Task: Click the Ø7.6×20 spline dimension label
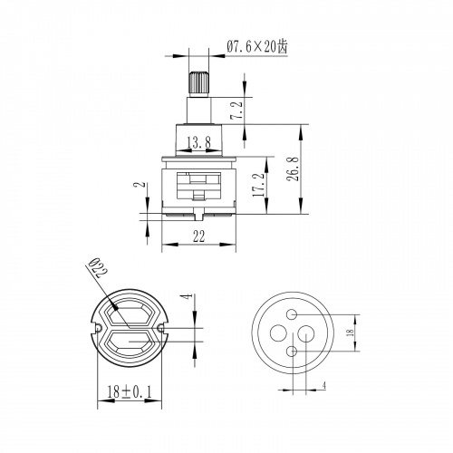257,46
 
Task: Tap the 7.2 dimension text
236,111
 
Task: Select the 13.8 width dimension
198,142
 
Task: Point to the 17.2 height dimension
259,185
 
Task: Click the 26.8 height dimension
294,169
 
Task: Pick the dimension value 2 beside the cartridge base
140,184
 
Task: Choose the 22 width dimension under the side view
198,236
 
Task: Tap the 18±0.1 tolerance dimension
130,392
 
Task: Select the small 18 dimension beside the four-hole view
351,333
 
